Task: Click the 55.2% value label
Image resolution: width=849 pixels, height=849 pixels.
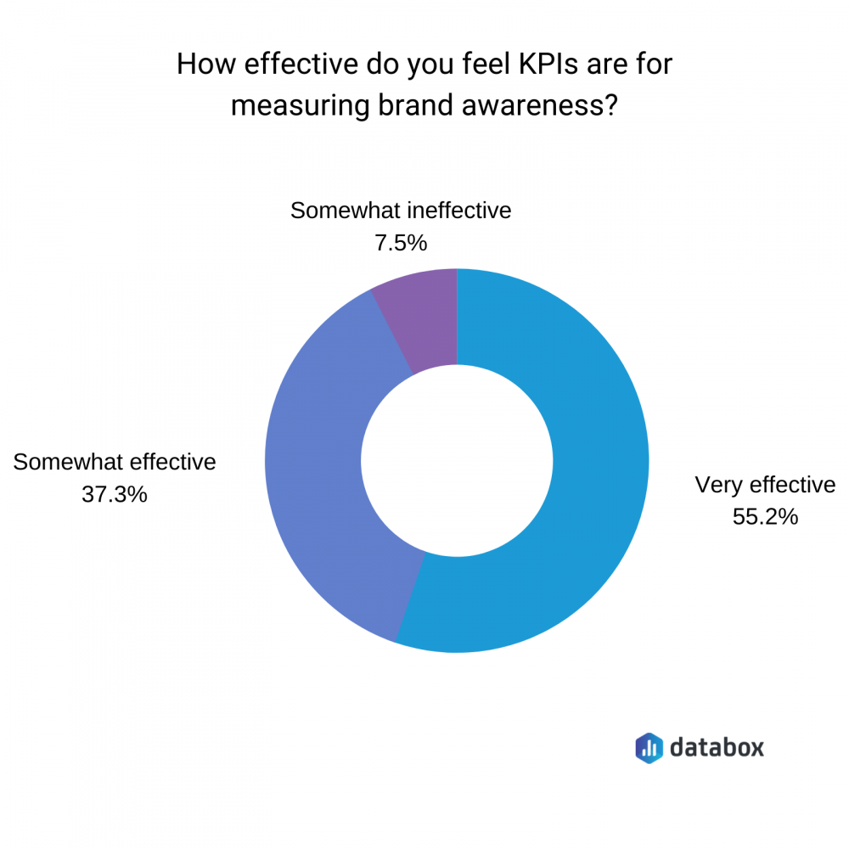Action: click(765, 516)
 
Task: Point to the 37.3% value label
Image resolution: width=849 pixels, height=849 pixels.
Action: click(115, 494)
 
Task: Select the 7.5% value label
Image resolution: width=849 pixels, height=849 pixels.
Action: click(400, 243)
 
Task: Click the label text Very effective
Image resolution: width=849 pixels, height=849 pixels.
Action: click(765, 485)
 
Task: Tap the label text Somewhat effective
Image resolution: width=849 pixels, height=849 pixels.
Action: click(115, 463)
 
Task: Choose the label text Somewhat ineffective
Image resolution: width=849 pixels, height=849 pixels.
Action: click(401, 211)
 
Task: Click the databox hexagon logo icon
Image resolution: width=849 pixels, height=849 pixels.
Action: click(649, 746)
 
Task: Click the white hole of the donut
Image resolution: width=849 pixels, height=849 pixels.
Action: click(457, 461)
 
